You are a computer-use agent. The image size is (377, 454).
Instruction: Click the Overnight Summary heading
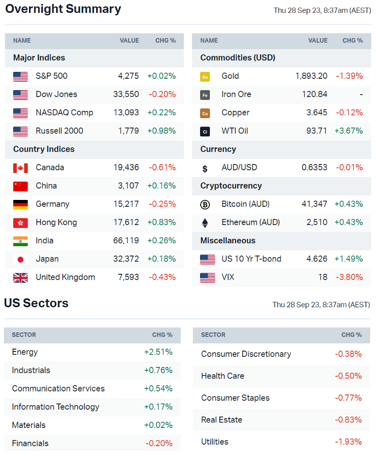click(x=63, y=9)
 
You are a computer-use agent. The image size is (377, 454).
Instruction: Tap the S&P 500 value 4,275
click(x=128, y=76)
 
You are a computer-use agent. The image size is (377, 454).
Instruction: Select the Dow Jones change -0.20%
click(x=162, y=94)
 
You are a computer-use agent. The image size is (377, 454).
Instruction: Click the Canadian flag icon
click(x=20, y=167)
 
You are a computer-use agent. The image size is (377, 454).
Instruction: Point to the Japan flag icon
click(x=20, y=259)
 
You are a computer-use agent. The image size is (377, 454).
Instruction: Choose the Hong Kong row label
click(x=56, y=222)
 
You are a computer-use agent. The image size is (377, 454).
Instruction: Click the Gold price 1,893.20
click(x=311, y=76)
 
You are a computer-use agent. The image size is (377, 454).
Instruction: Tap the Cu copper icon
click(x=205, y=113)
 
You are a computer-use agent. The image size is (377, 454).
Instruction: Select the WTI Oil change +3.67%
click(x=348, y=130)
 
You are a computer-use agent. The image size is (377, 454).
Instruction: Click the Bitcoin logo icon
click(x=205, y=204)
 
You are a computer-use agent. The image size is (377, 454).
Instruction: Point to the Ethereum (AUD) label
click(x=250, y=222)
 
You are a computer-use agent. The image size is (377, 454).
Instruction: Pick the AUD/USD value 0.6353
click(x=314, y=167)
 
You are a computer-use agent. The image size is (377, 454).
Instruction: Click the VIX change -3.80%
click(x=349, y=277)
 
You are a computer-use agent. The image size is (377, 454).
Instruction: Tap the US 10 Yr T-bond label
click(x=251, y=259)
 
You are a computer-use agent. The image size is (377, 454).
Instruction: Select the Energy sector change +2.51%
click(x=158, y=352)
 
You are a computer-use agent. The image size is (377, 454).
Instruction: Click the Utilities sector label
click(x=214, y=442)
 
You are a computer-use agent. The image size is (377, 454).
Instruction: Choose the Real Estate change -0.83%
click(x=348, y=420)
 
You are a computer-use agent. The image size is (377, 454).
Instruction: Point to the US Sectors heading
click(x=36, y=303)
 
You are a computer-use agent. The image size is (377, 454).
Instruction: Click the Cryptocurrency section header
click(x=231, y=186)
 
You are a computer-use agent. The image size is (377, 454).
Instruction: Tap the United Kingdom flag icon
click(x=20, y=278)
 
